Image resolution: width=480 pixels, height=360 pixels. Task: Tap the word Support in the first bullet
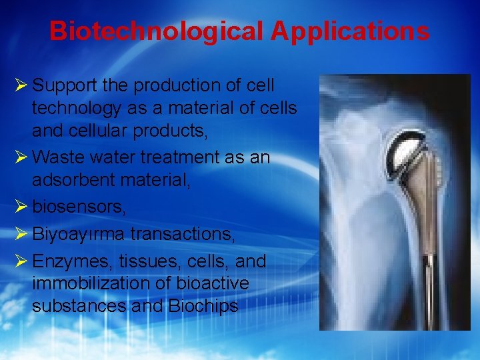pos(63,86)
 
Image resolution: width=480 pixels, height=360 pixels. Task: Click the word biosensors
pos(78,207)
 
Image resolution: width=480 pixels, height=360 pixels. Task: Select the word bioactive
pos(213,284)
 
